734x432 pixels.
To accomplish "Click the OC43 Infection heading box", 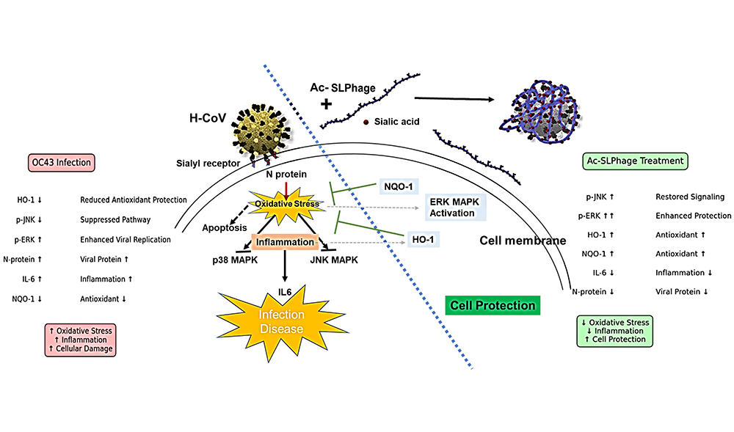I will (64, 161).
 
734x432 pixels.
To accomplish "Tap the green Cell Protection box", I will (493, 305).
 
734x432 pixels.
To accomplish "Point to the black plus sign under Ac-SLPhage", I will (326, 104).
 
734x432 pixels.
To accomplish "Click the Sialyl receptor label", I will (208, 165).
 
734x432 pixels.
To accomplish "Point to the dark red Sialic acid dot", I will (366, 122).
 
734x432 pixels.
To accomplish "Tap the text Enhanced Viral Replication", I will (125, 239).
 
